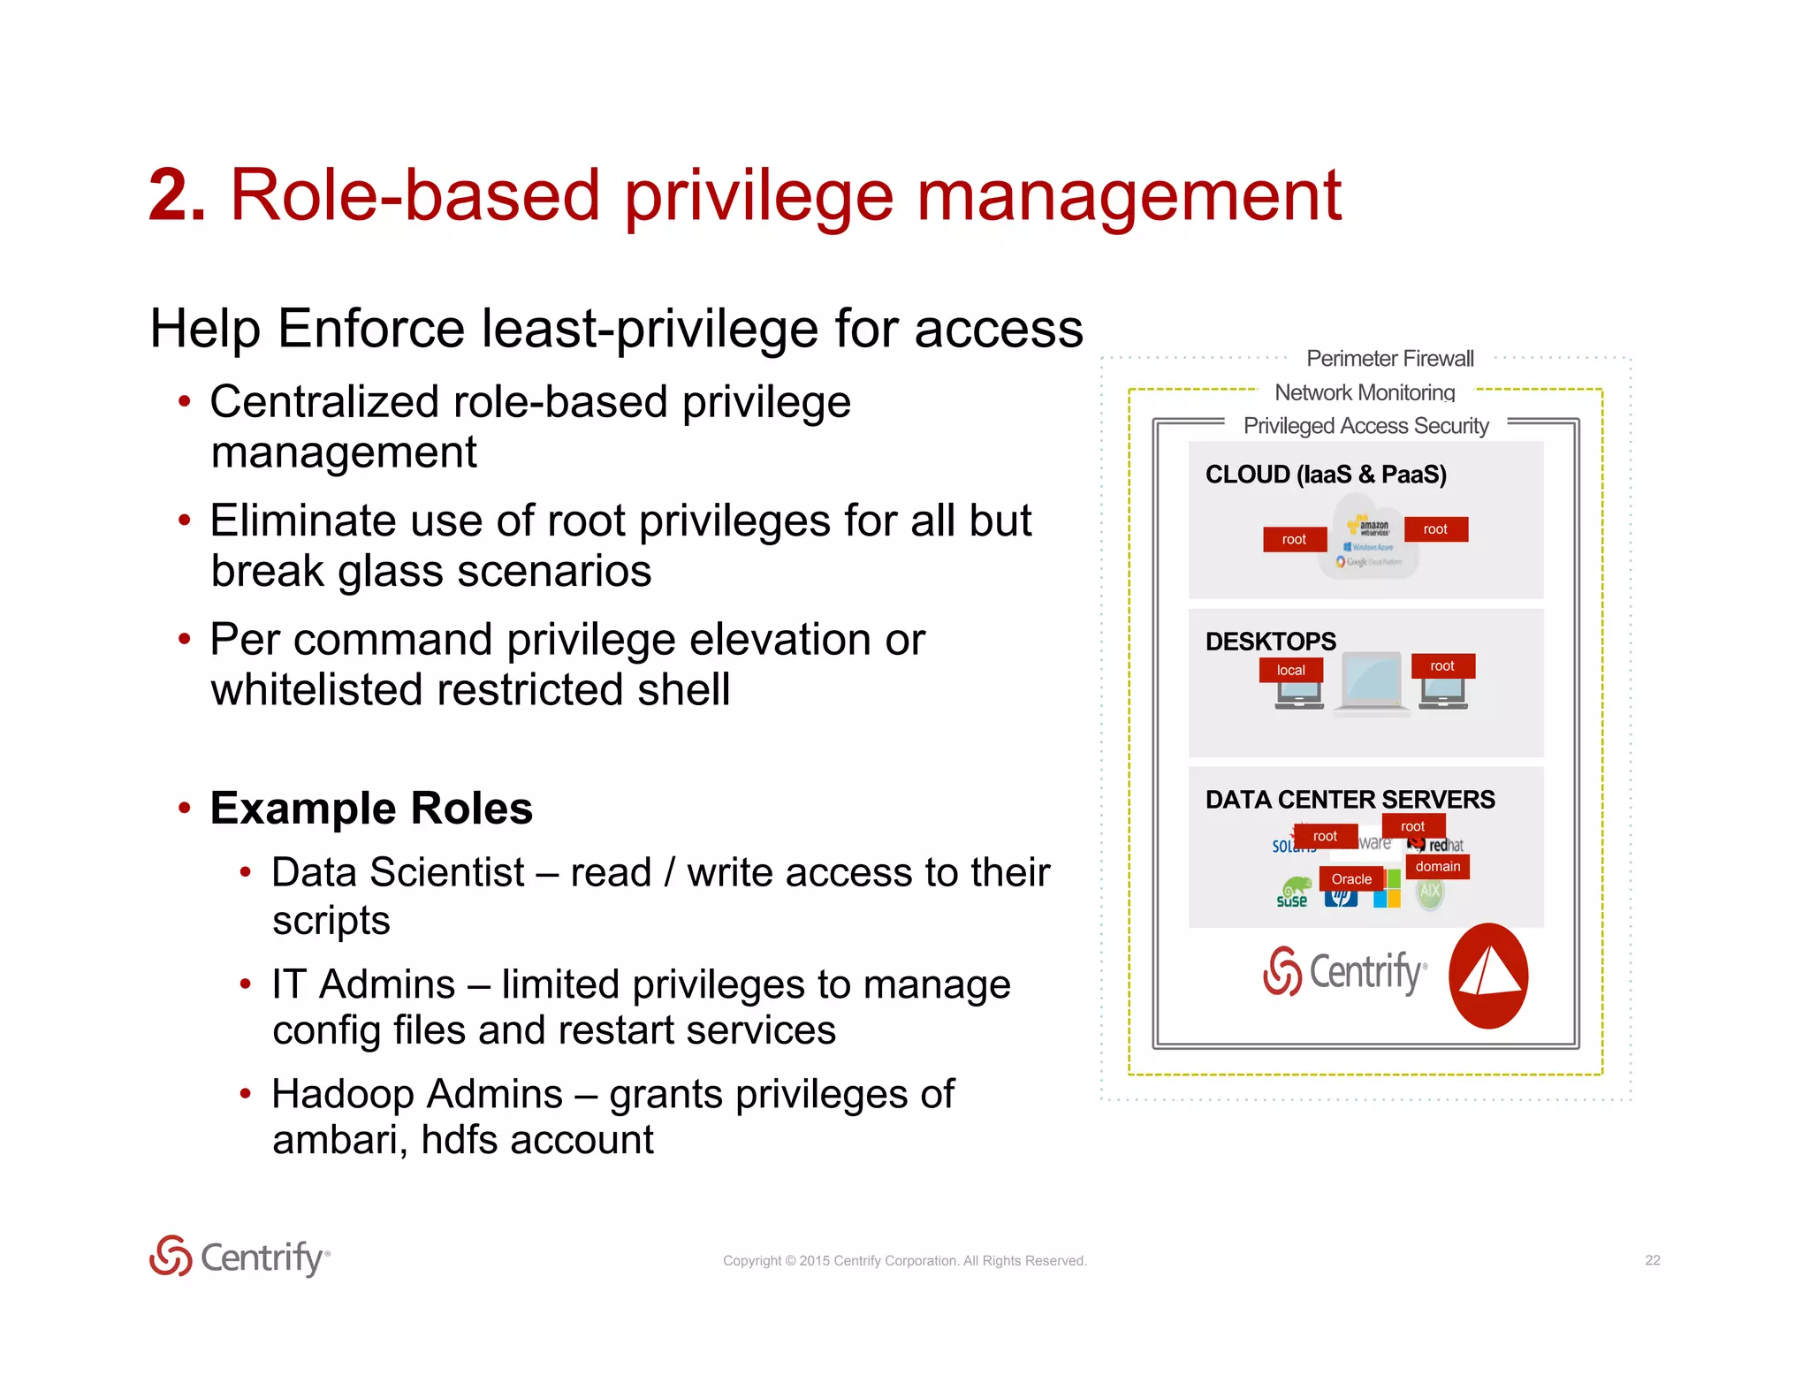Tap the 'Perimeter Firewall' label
pyautogui.click(x=1389, y=359)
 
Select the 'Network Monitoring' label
pyautogui.click(x=1365, y=392)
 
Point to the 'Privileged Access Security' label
pyautogui.click(x=1365, y=426)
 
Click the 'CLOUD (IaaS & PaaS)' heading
pyautogui.click(x=1326, y=475)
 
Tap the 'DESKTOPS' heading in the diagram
pyautogui.click(x=1270, y=641)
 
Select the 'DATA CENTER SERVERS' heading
pyautogui.click(x=1350, y=800)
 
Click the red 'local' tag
pyautogui.click(x=1290, y=670)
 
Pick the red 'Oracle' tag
pyautogui.click(x=1351, y=878)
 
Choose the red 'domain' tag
pyautogui.click(x=1437, y=866)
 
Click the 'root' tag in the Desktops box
pyautogui.click(x=1441, y=665)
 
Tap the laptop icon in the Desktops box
pyautogui.click(x=1371, y=681)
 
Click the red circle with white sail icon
pyautogui.click(x=1488, y=976)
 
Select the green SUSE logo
pyautogui.click(x=1293, y=892)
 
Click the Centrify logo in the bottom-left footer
pyautogui.click(x=240, y=1257)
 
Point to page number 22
pyautogui.click(x=1652, y=1260)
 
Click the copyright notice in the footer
pyautogui.click(x=904, y=1261)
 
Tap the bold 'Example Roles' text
pyautogui.click(x=371, y=809)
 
